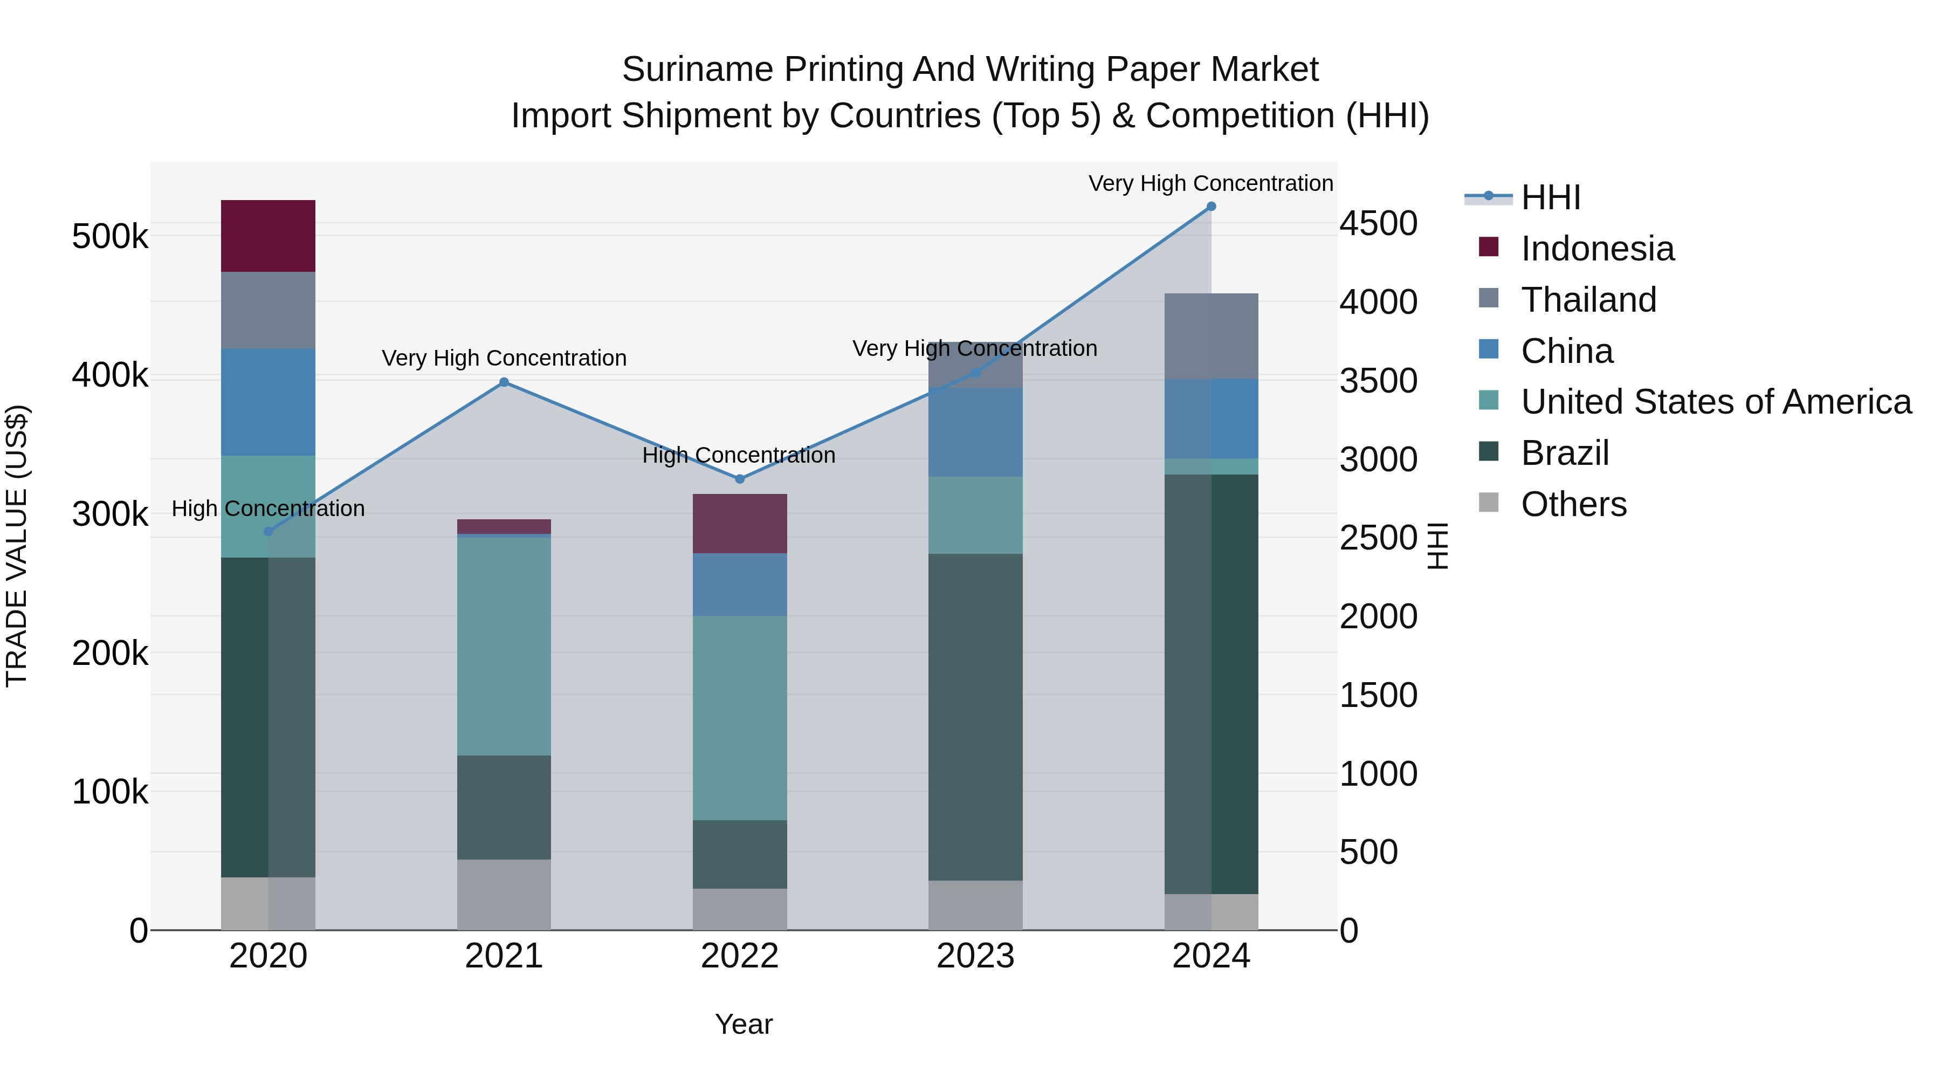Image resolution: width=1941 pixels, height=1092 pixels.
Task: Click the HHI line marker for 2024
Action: tap(1211, 207)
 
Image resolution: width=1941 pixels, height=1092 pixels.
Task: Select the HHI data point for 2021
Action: tap(504, 382)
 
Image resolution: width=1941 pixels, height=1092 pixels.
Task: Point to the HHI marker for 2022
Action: tap(739, 479)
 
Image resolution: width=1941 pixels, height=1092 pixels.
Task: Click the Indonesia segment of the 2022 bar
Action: tap(739, 524)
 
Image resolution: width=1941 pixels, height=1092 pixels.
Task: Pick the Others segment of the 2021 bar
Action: tap(504, 895)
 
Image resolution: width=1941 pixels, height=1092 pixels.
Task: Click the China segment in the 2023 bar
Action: tap(975, 432)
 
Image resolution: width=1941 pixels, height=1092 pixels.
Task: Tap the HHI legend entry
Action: tap(1550, 197)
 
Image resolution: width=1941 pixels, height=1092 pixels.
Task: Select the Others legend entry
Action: tap(1573, 504)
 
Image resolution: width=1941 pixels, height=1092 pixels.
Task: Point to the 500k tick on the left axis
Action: tap(110, 237)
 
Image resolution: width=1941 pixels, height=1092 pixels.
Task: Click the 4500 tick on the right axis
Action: tap(1378, 224)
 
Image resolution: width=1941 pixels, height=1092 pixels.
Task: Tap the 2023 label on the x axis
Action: tap(975, 956)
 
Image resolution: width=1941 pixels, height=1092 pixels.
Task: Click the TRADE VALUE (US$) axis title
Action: tap(17, 546)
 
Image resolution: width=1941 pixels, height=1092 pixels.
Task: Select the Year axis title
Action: tap(744, 1024)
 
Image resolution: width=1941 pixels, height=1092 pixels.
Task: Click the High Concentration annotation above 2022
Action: tap(739, 455)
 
